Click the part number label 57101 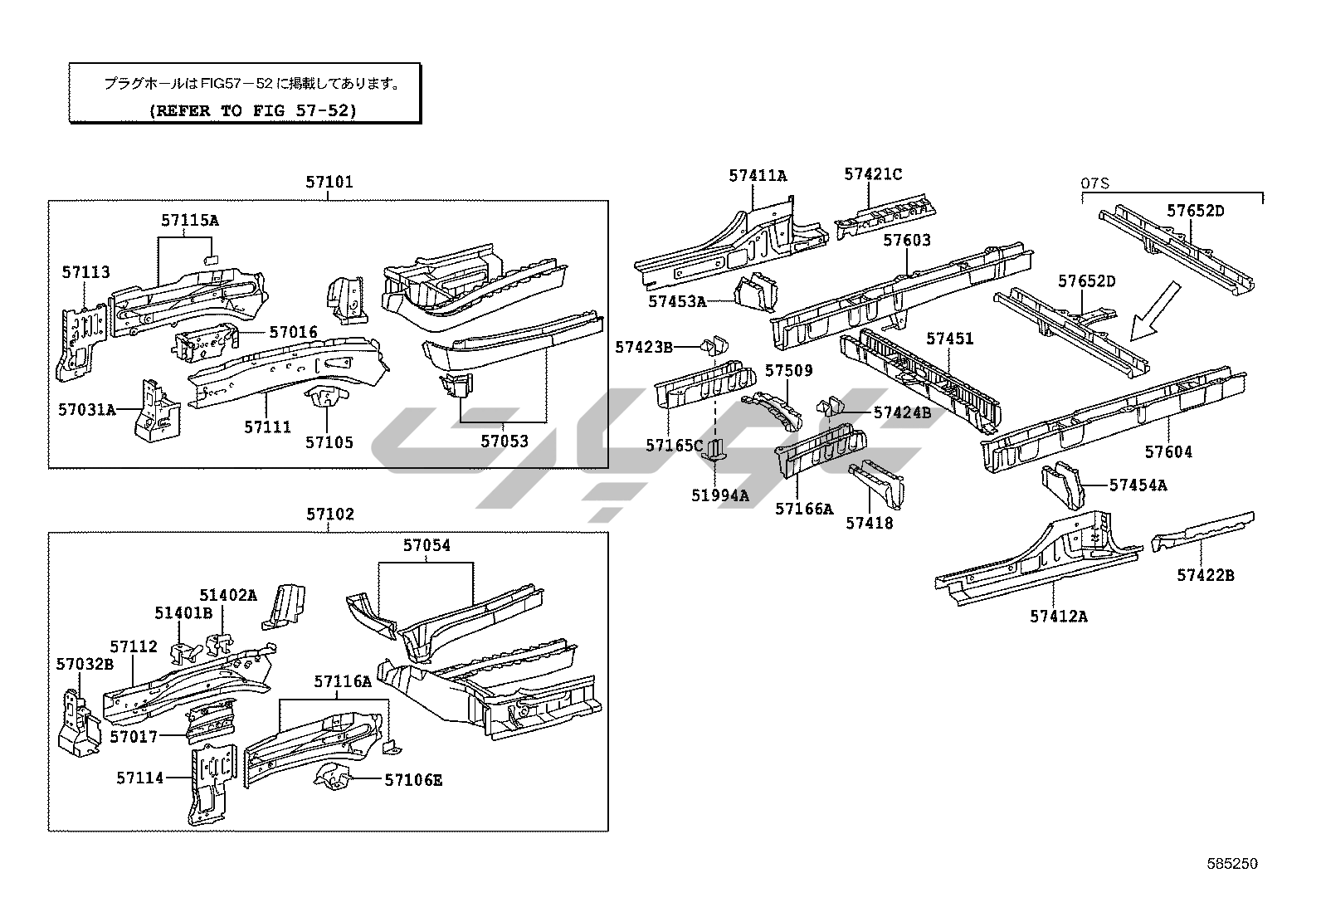click(x=329, y=183)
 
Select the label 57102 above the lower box click(x=329, y=515)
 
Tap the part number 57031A click(x=86, y=409)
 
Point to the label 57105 click(x=329, y=442)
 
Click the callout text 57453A click(x=676, y=301)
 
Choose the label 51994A click(x=719, y=495)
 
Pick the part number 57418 click(x=869, y=523)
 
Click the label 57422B click(x=1204, y=575)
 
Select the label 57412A click(x=1058, y=616)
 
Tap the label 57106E click(x=412, y=780)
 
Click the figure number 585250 click(x=1232, y=864)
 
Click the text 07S click(x=1095, y=183)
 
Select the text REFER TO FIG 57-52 click(x=252, y=110)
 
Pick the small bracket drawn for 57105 click(x=327, y=402)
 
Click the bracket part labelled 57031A click(x=154, y=408)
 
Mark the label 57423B click(x=643, y=347)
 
